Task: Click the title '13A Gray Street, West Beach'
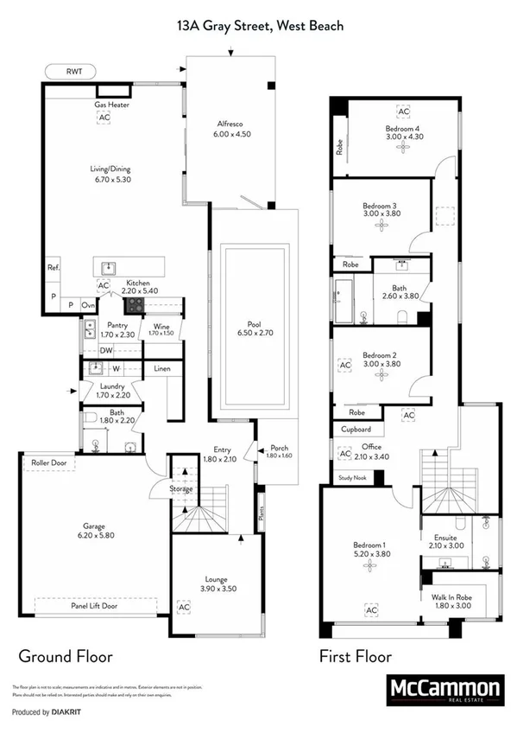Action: pyautogui.click(x=258, y=26)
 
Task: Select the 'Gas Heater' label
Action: pyautogui.click(x=111, y=105)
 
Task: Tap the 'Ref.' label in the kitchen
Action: pyautogui.click(x=54, y=268)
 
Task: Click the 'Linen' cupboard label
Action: pyautogui.click(x=162, y=369)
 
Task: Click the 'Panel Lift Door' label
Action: pyautogui.click(x=96, y=606)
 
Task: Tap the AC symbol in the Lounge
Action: pyautogui.click(x=183, y=607)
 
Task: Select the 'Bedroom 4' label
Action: pyautogui.click(x=402, y=128)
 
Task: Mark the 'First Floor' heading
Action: pyautogui.click(x=356, y=656)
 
